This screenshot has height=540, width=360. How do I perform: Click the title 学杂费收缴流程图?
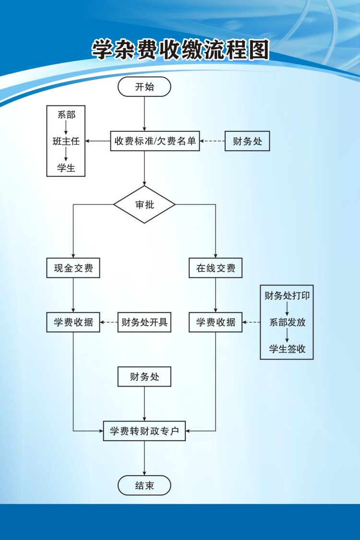(x=180, y=49)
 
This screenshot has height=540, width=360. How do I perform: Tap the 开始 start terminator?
(x=144, y=87)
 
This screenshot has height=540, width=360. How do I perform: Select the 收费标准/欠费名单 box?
(x=155, y=141)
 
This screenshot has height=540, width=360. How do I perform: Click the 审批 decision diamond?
(x=144, y=204)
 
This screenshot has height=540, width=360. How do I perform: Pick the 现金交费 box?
(x=73, y=268)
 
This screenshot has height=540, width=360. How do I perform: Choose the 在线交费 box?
(x=216, y=268)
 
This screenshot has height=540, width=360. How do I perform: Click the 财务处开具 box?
(x=144, y=322)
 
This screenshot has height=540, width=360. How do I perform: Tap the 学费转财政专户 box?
(x=144, y=431)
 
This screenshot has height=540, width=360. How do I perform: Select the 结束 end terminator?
(x=144, y=485)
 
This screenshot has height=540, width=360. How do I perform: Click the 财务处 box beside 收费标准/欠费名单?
(x=247, y=141)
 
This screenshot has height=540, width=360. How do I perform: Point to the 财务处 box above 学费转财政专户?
(x=144, y=377)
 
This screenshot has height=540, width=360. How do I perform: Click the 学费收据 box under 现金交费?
(x=73, y=322)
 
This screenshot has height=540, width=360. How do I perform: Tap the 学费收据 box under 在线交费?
(x=216, y=322)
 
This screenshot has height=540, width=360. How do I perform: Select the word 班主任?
(x=66, y=141)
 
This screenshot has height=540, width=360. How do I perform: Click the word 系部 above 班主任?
(x=66, y=115)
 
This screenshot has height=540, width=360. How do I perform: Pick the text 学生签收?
(x=287, y=349)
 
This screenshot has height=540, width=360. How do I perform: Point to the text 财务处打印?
(x=287, y=295)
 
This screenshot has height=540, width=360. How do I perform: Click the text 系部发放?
(x=287, y=322)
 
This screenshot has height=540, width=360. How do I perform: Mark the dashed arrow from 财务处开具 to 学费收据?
(x=109, y=322)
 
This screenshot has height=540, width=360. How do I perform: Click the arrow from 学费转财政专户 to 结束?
(x=144, y=458)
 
